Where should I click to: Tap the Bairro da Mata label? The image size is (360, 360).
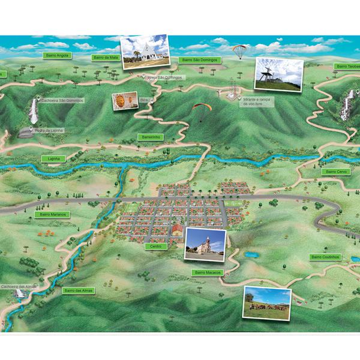[106, 58]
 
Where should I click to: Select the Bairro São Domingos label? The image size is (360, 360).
[200, 60]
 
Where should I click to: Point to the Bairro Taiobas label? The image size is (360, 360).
[347, 67]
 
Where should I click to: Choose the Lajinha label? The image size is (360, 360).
[55, 159]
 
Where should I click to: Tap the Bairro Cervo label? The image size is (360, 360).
[337, 172]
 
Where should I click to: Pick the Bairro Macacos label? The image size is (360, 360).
[208, 272]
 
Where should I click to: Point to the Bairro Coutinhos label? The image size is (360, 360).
[325, 257]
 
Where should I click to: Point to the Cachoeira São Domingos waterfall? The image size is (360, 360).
[34, 112]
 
